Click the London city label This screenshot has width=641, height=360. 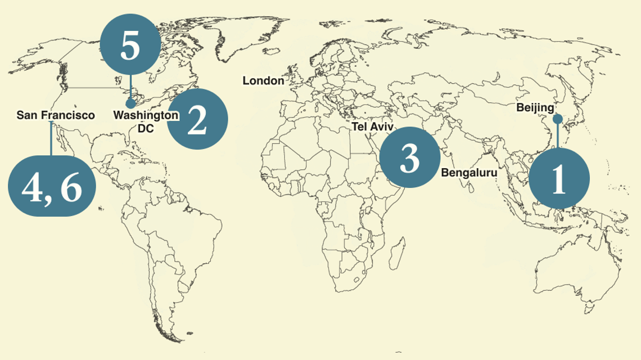263,81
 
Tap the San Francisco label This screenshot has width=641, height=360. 56,115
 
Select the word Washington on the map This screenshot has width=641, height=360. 146,115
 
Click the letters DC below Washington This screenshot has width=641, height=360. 146,128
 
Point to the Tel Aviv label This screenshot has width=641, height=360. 373,127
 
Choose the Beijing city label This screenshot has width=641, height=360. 535,107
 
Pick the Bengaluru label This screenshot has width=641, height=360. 469,173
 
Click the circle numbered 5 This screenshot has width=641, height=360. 130,47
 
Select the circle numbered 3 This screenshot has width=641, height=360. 409,158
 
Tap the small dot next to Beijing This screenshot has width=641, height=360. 557,119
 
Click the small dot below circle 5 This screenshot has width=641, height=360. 130,103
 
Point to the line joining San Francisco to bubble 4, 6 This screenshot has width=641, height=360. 51,138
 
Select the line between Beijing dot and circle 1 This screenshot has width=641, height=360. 558,135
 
